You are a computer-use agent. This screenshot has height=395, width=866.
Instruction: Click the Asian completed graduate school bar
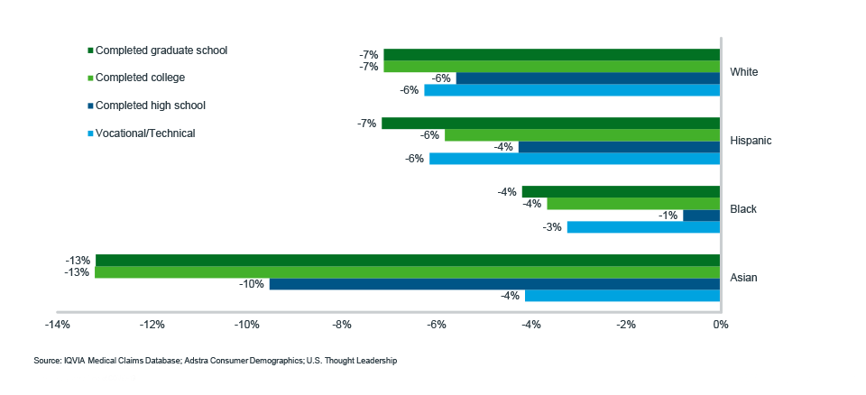pyautogui.click(x=407, y=261)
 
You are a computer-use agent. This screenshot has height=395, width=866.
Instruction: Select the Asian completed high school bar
pyautogui.click(x=494, y=284)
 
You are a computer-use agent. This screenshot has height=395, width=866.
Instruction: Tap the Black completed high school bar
pyautogui.click(x=701, y=216)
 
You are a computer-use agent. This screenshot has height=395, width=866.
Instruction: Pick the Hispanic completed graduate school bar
pyautogui.click(x=550, y=124)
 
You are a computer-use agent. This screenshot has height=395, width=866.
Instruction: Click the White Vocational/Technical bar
pyautogui.click(x=571, y=90)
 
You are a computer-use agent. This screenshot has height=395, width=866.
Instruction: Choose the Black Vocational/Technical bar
pyautogui.click(x=643, y=227)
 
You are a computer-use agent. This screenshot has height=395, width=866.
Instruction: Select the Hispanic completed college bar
pyautogui.click(x=582, y=135)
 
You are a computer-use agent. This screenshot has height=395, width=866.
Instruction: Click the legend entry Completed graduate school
pyautogui.click(x=161, y=51)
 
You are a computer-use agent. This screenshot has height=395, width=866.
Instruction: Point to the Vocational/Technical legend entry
pyautogui.click(x=144, y=133)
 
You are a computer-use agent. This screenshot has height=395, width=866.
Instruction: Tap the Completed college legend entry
pyautogui.click(x=140, y=78)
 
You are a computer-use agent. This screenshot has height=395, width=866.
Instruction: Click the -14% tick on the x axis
pyautogui.click(x=57, y=325)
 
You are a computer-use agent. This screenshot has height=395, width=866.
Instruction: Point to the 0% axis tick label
pyautogui.click(x=720, y=325)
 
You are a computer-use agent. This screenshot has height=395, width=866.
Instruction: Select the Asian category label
pyautogui.click(x=744, y=278)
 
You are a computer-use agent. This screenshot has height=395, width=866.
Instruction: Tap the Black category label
pyautogui.click(x=743, y=209)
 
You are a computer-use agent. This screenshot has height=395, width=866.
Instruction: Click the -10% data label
pyautogui.click(x=252, y=284)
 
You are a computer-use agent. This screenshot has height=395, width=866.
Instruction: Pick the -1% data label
pyautogui.click(x=668, y=216)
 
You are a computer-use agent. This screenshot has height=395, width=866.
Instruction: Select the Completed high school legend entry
pyautogui.click(x=150, y=106)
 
